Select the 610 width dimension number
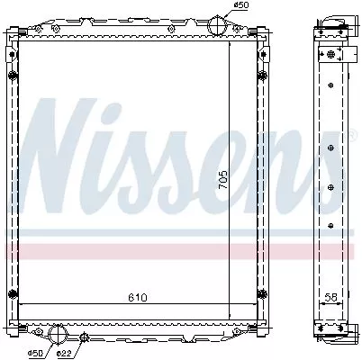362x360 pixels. [x=137, y=296]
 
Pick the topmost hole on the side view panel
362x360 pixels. [x=333, y=85]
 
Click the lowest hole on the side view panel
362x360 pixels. [x=333, y=226]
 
